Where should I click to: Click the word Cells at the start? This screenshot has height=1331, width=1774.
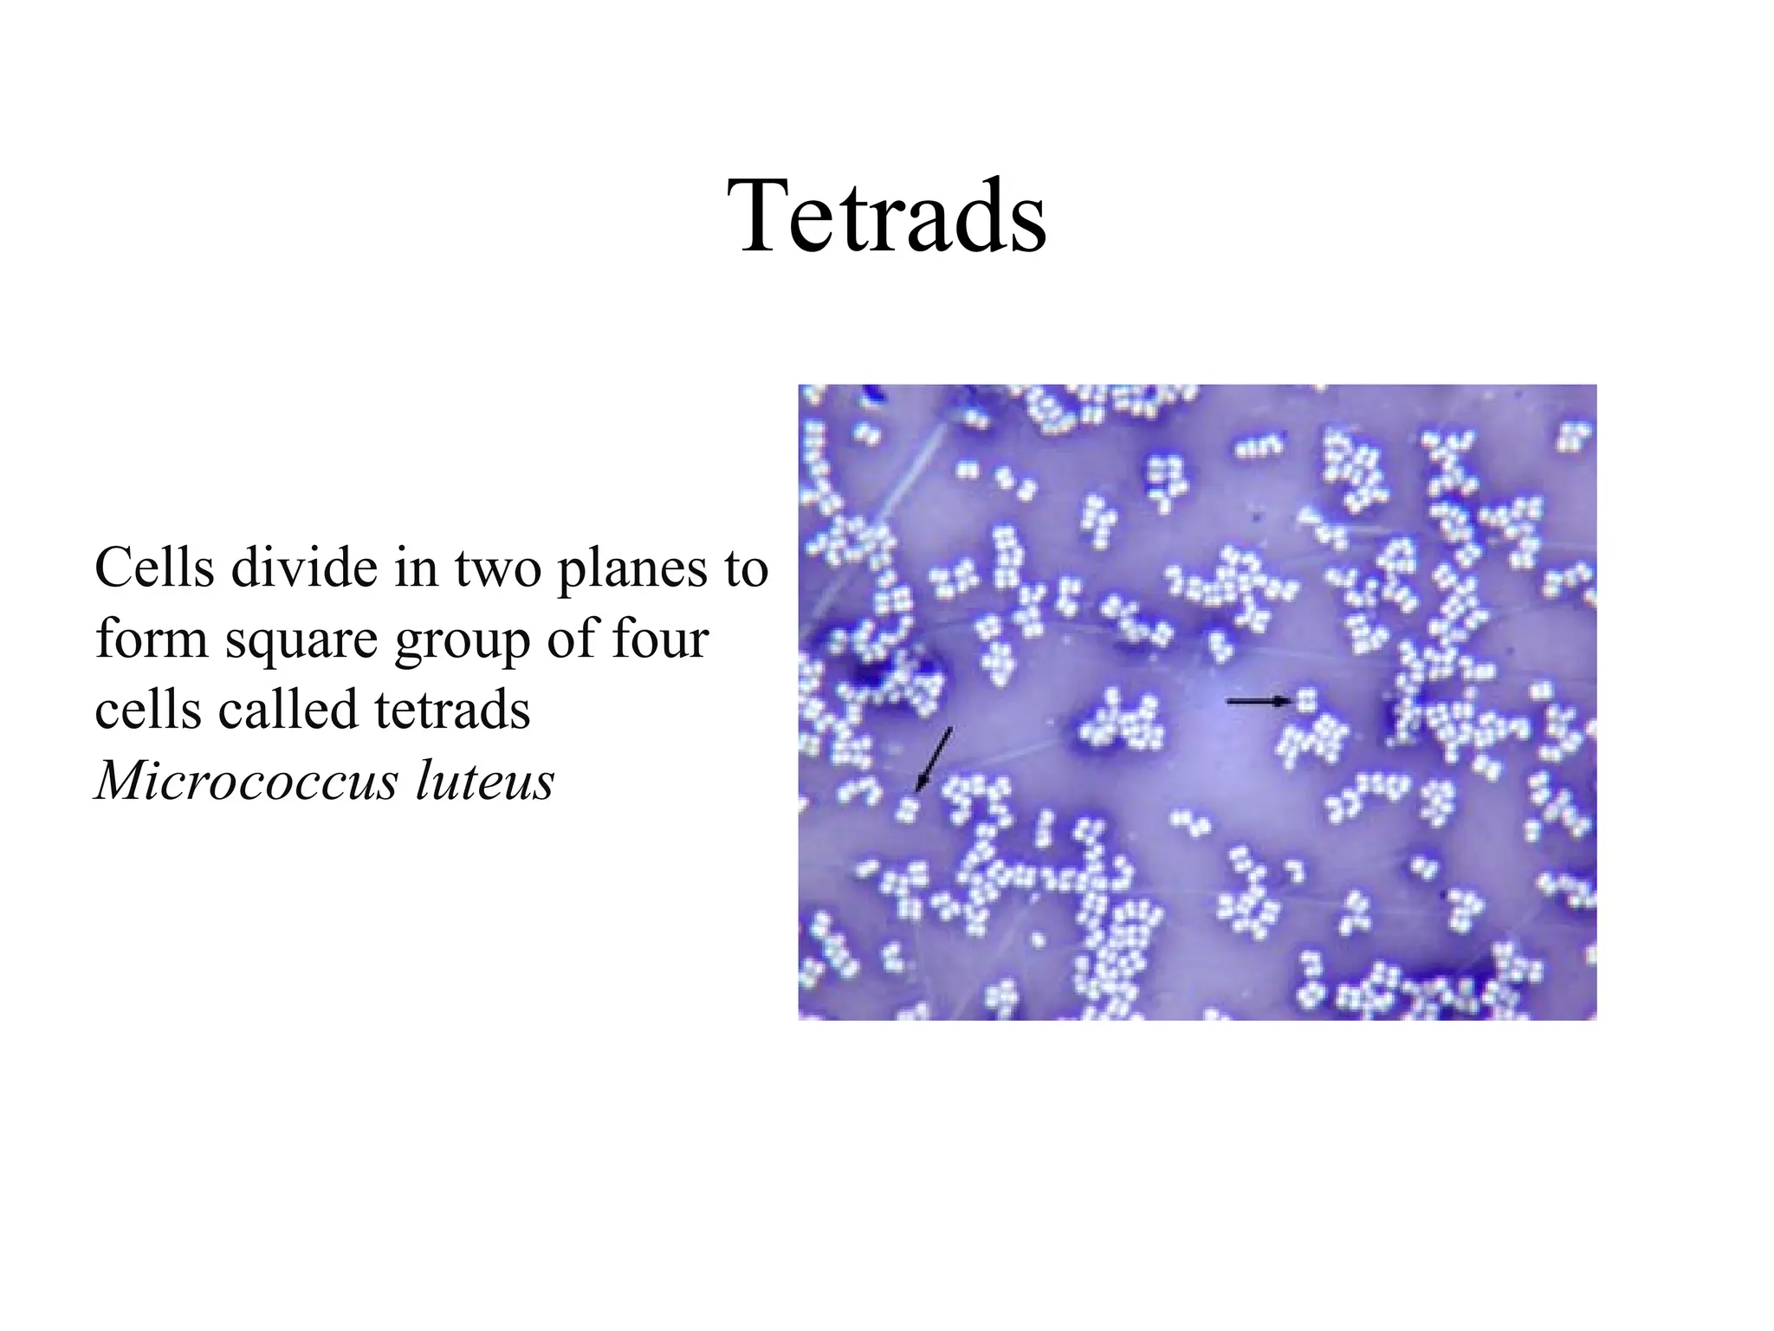coord(154,568)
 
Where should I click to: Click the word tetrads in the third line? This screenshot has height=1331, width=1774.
coord(452,710)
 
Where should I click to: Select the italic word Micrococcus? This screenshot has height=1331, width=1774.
coord(246,781)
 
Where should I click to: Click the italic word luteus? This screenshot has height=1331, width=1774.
coord(484,781)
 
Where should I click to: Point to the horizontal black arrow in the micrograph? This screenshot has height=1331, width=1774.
coord(1258,701)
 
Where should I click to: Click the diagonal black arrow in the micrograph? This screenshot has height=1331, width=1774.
coord(935,759)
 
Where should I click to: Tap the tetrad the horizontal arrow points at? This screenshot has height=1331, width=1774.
coord(1306,699)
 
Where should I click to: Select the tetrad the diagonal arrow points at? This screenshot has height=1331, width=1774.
coord(908,808)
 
